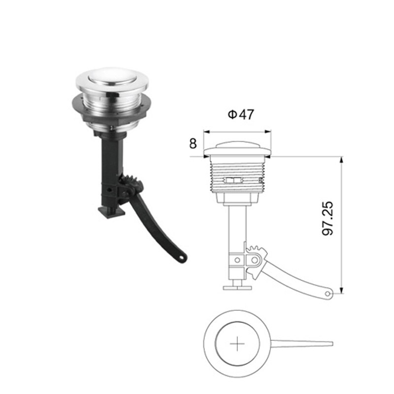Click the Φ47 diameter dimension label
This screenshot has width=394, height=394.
[240, 115]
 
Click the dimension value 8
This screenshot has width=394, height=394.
[193, 144]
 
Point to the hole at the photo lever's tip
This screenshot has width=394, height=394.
[182, 258]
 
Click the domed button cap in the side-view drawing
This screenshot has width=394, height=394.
[237, 147]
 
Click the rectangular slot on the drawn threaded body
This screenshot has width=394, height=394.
[233, 180]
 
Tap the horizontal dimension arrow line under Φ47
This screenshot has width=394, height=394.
[237, 132]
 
